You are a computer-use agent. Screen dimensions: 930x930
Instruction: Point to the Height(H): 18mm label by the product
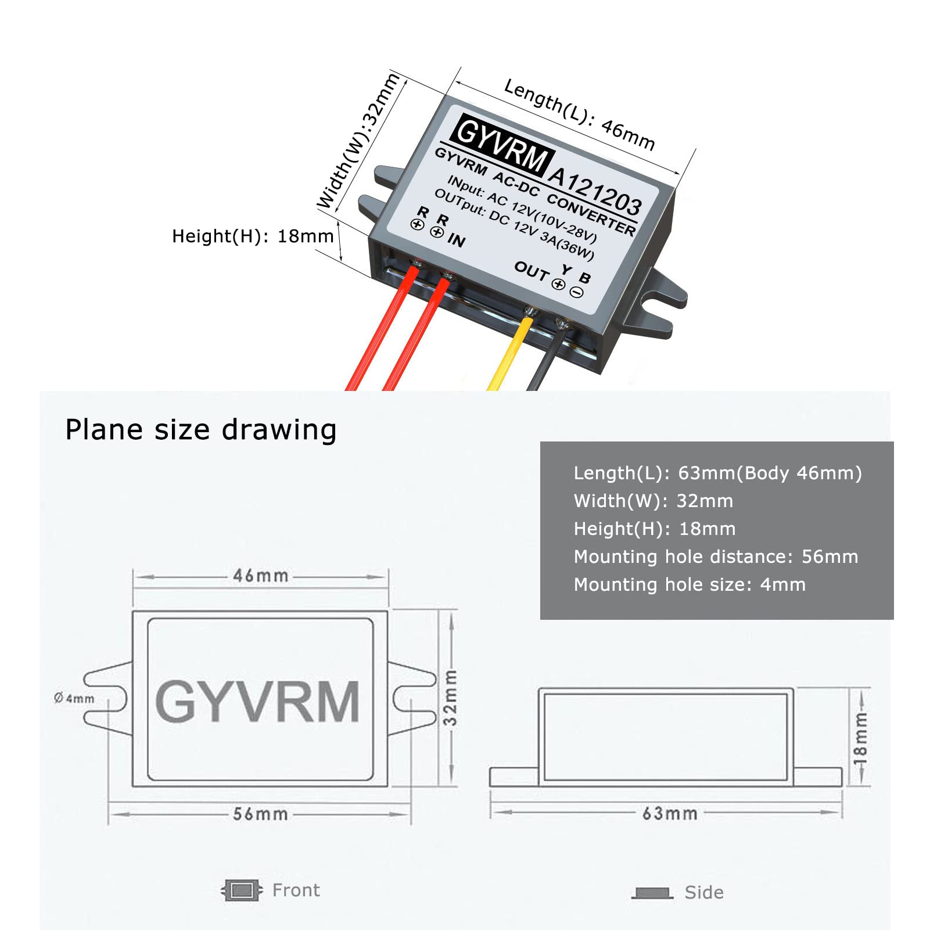coord(253,236)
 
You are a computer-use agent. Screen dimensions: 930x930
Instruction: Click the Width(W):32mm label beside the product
coord(358,141)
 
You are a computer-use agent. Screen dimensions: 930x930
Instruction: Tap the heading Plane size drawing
coord(201,430)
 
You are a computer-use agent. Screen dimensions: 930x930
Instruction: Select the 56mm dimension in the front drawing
coord(260,814)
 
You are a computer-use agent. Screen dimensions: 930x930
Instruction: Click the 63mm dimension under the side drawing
coord(670,813)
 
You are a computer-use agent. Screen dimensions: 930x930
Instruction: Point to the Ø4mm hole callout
coord(74,698)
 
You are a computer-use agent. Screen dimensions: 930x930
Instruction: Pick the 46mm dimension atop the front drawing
coord(261,576)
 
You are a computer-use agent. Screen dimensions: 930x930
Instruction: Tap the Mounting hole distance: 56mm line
coord(716,556)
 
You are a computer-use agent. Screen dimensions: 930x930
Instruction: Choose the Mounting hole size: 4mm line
coord(690,584)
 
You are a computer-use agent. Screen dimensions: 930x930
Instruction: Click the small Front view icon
coord(242,890)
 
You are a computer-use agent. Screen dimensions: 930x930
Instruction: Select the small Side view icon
coord(652,893)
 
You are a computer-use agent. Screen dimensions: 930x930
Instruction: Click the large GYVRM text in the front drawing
coord(257,702)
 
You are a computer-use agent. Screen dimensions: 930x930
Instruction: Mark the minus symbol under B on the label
coord(576,293)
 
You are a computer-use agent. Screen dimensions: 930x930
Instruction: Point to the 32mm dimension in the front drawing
coord(450,697)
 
